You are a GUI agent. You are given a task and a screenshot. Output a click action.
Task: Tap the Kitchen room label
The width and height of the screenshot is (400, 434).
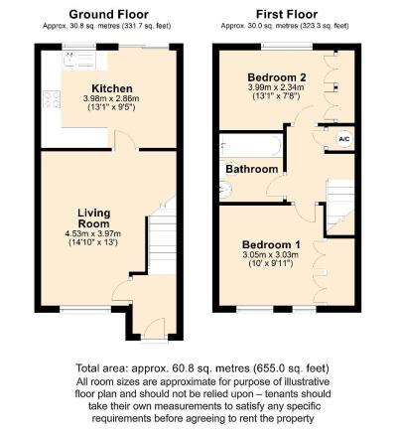click(x=111, y=88)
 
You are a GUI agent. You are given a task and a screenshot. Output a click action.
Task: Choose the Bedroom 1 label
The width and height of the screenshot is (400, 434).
click(x=269, y=243)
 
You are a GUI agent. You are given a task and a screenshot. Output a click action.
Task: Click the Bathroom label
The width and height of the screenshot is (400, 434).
click(x=250, y=169)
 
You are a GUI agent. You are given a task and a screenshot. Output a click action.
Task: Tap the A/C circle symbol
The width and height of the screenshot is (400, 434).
click(x=343, y=138)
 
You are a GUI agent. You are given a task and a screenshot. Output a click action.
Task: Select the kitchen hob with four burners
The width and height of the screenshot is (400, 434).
click(x=50, y=98)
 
